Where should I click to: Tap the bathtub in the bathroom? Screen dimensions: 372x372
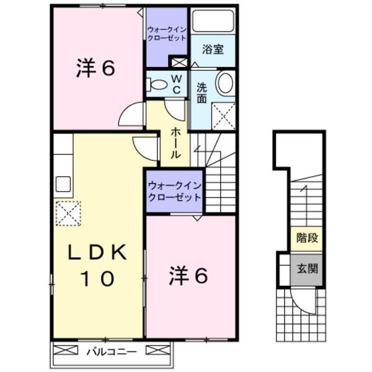(213, 20)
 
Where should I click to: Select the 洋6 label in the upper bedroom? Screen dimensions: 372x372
(95, 69)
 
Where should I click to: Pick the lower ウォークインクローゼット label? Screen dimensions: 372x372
(174, 192)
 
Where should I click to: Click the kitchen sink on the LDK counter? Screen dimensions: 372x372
(63, 184)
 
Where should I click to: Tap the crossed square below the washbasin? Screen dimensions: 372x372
(223, 114)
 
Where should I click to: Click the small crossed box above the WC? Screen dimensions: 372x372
(179, 62)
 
